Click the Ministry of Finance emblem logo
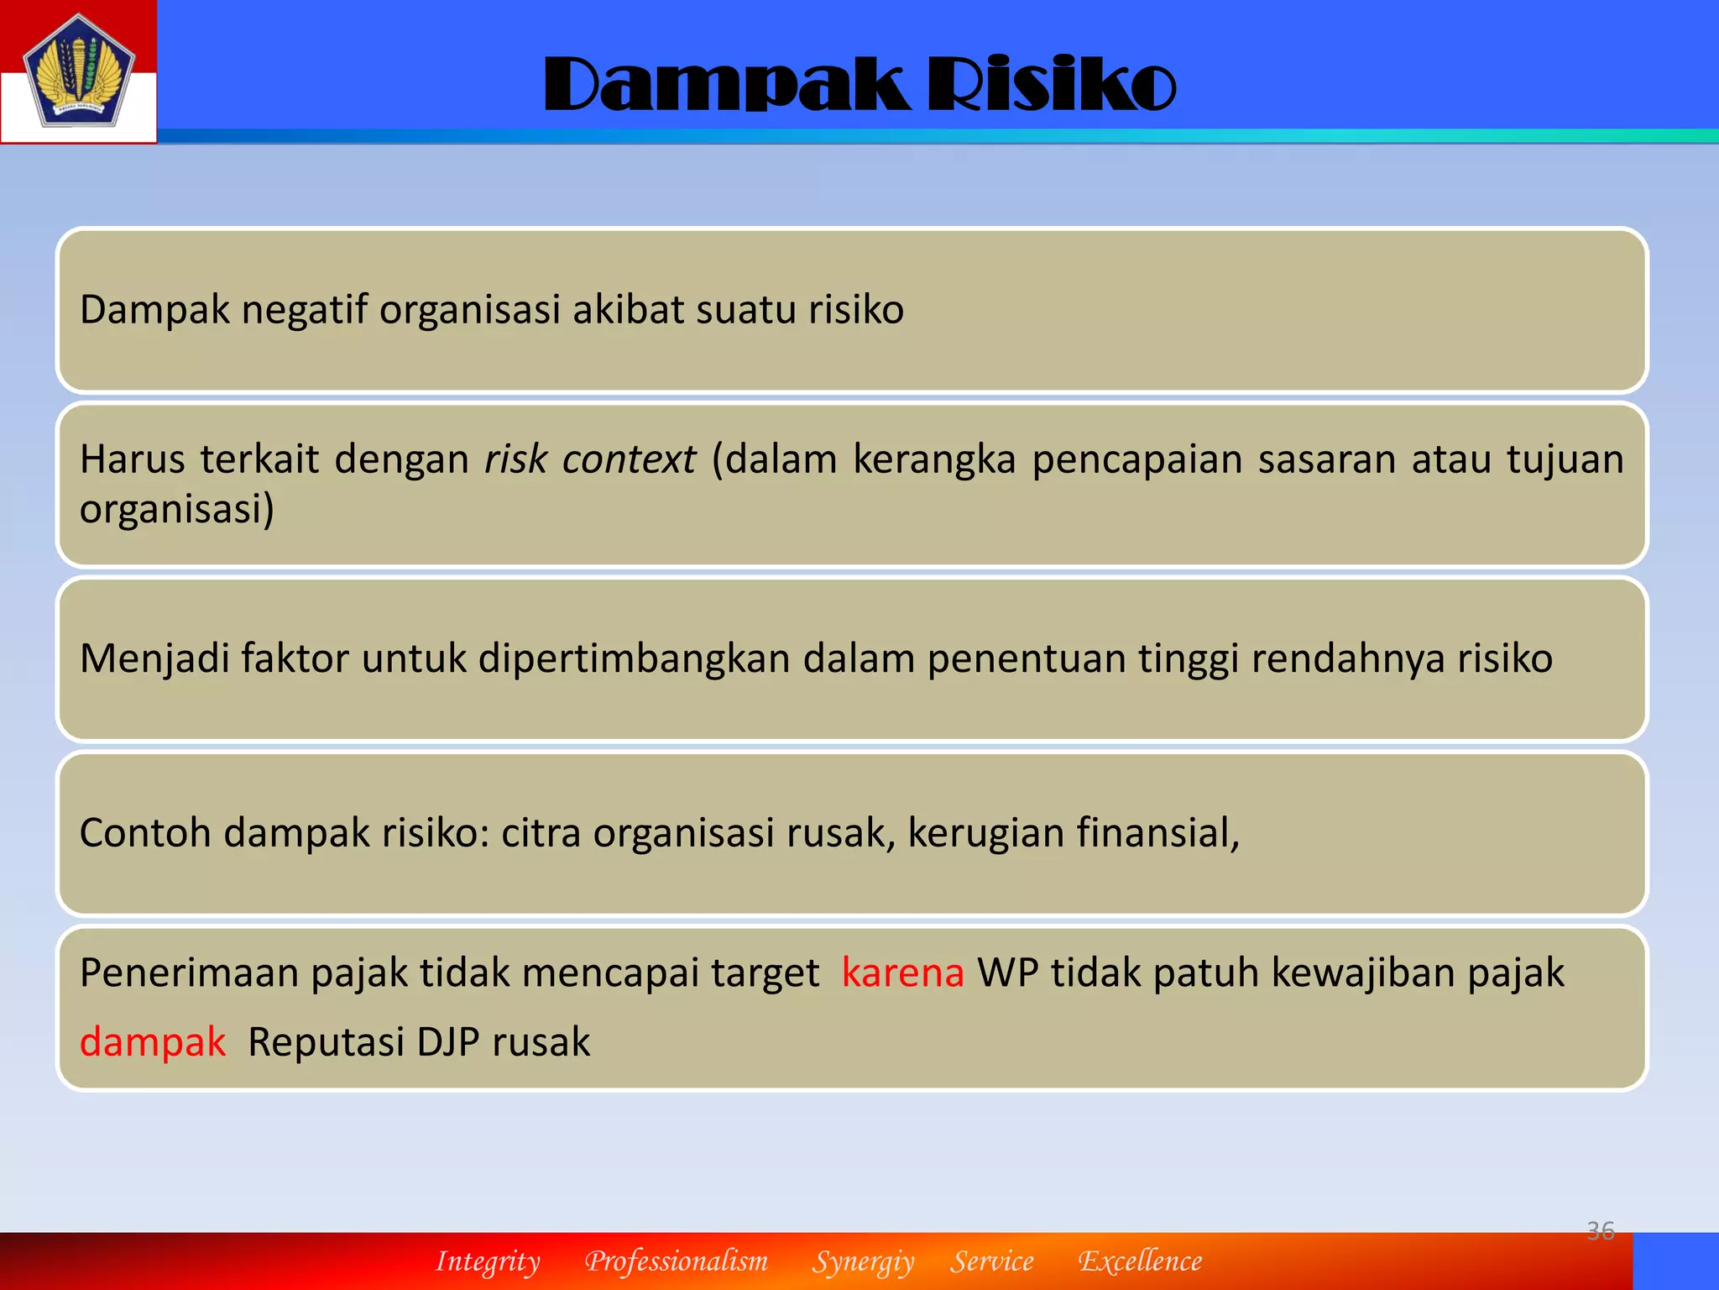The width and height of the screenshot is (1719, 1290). (x=78, y=72)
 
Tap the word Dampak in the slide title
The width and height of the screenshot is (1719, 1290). (x=726, y=85)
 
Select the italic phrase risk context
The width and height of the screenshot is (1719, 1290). (x=590, y=459)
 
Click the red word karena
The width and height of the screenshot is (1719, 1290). (x=902, y=973)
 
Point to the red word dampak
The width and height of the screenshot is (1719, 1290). (x=153, y=1042)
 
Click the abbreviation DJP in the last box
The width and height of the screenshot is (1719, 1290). (x=448, y=1042)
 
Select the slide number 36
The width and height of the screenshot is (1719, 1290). (x=1600, y=1230)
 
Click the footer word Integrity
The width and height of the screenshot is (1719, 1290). (x=488, y=1261)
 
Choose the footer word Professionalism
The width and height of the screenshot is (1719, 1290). (x=677, y=1261)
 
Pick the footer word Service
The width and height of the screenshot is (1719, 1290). (x=992, y=1261)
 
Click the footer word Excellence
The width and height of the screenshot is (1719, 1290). (x=1140, y=1261)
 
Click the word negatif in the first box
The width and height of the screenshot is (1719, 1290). (x=305, y=310)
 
